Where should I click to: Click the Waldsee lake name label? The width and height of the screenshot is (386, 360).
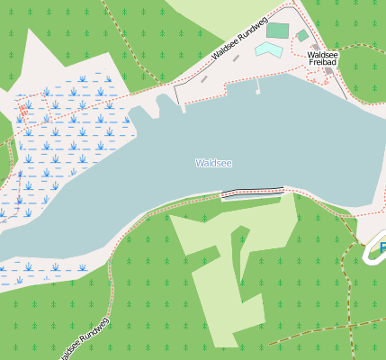pyautogui.click(x=213, y=163)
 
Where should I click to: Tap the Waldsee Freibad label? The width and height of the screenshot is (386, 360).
pyautogui.click(x=321, y=58)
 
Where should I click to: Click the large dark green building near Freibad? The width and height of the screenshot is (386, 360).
pyautogui.click(x=278, y=31)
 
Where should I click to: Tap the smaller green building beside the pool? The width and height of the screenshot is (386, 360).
pyautogui.click(x=302, y=36)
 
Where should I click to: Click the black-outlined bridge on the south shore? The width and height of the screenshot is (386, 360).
pyautogui.click(x=252, y=191)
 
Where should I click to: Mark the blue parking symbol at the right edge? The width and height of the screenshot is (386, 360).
pyautogui.click(x=382, y=247)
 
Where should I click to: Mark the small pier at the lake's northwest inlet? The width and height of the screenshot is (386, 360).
pyautogui.click(x=184, y=106)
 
